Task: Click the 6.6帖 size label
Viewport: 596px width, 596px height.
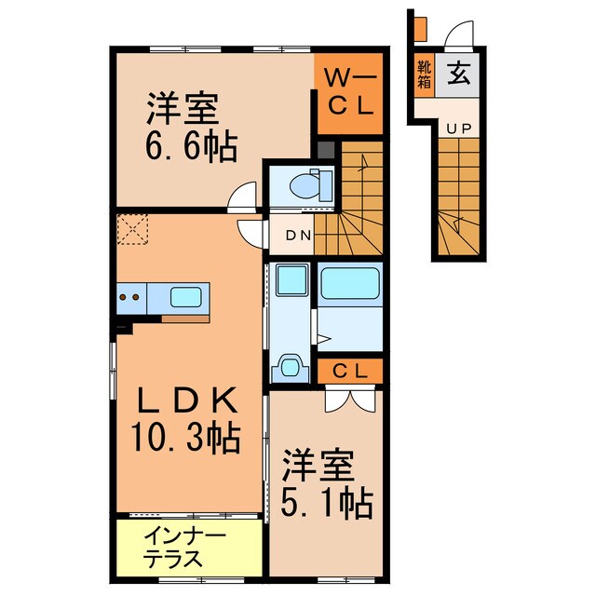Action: [191, 147]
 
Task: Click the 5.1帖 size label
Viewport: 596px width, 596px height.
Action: [326, 503]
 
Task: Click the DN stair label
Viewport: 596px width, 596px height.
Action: [298, 236]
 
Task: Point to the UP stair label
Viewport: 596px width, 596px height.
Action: [456, 130]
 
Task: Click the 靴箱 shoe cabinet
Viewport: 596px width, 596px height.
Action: [425, 74]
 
